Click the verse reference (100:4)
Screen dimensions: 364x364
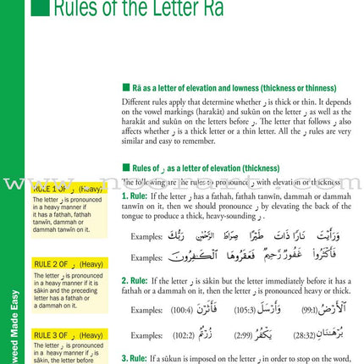[x=179, y=311]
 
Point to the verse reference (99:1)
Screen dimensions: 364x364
[x=309, y=311]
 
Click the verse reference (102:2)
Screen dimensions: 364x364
[x=179, y=337]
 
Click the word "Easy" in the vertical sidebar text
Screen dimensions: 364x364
[x=8, y=279]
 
